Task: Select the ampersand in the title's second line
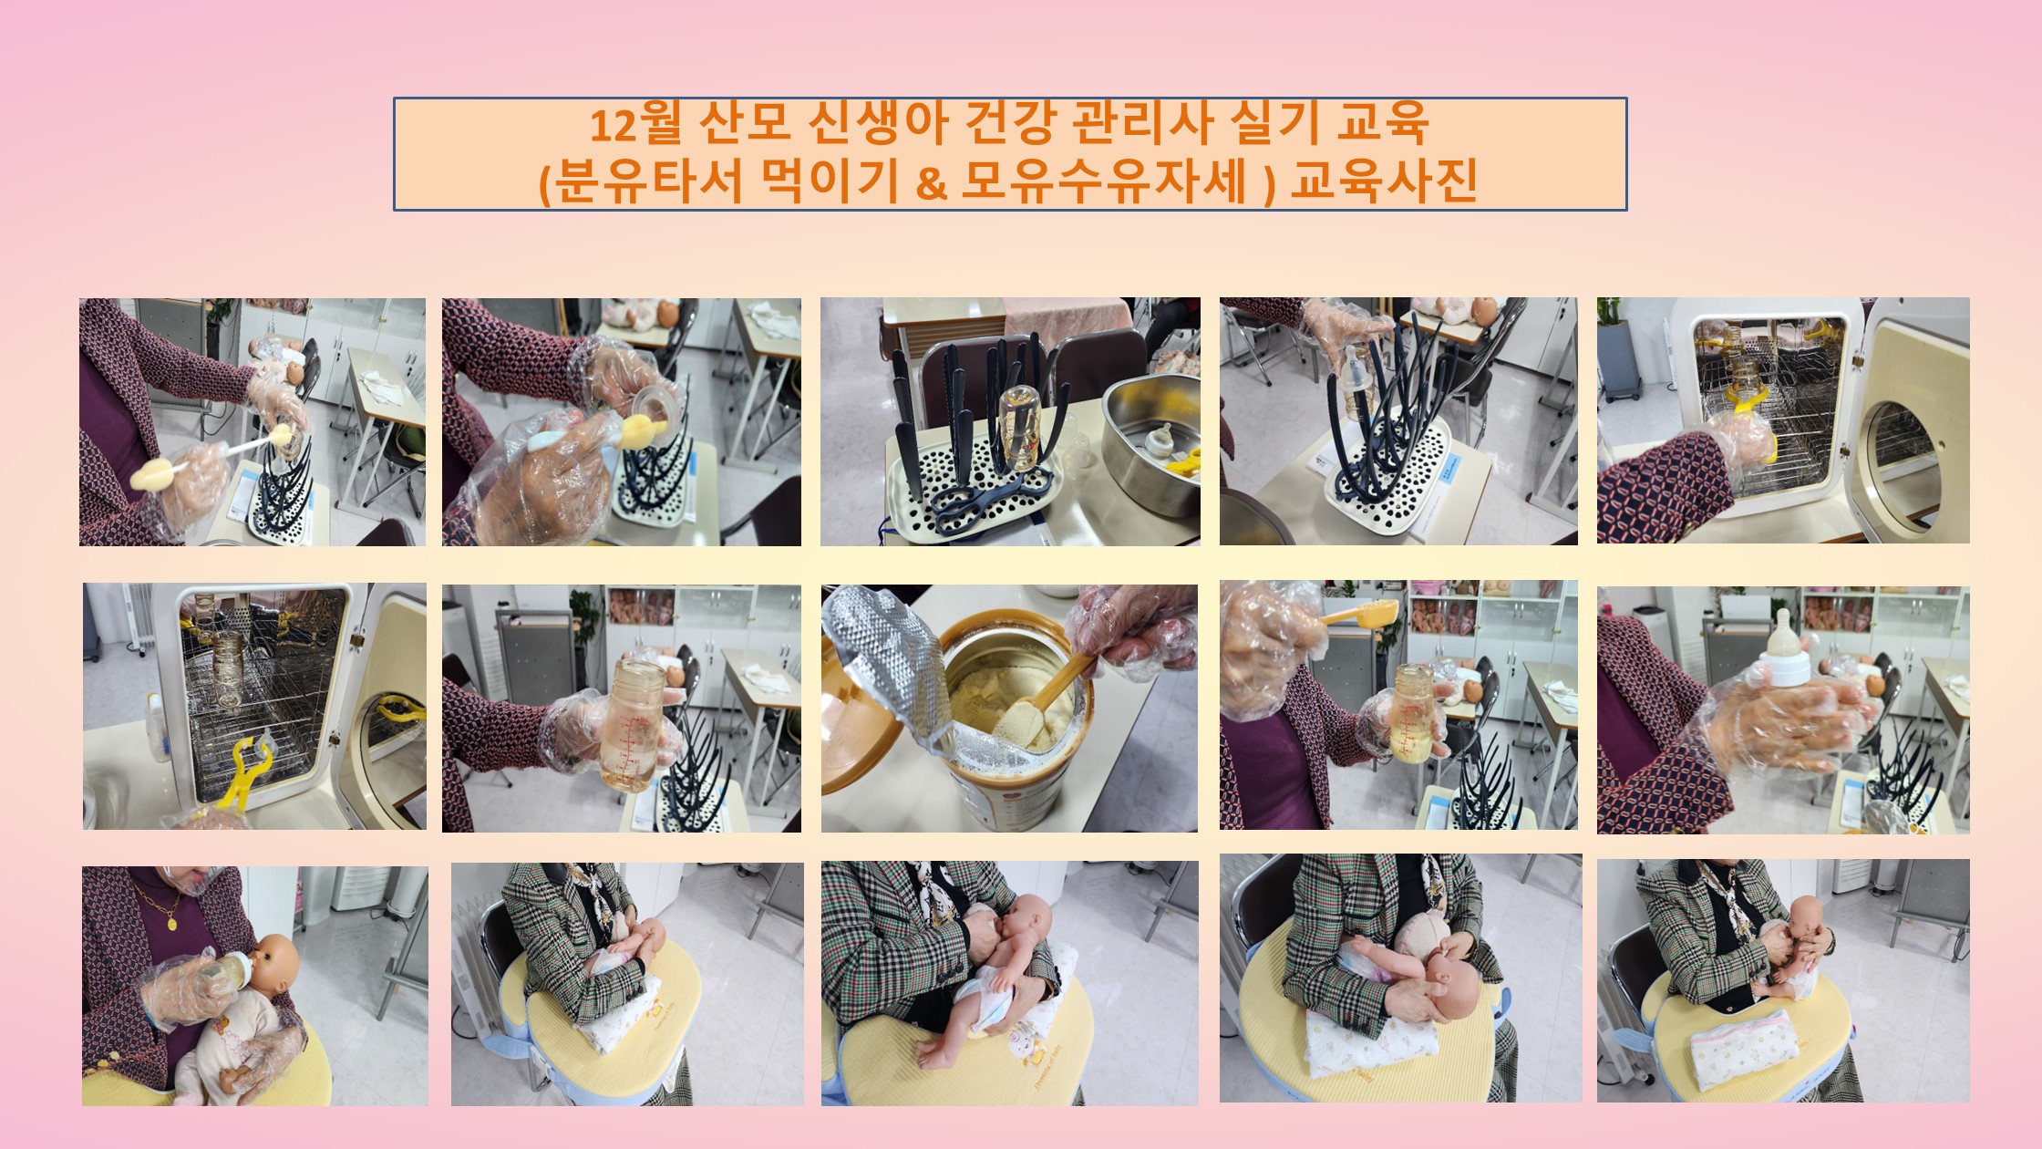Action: point(930,182)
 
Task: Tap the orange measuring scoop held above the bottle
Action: point(1358,612)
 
